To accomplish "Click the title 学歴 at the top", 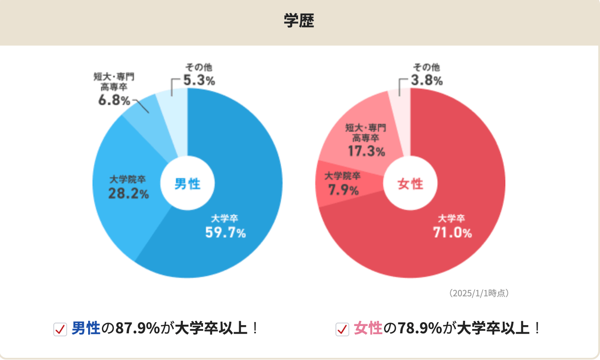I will (x=299, y=21).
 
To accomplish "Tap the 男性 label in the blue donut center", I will (x=187, y=184).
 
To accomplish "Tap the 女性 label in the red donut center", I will (x=410, y=184).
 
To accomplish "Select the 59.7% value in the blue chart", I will (x=225, y=233).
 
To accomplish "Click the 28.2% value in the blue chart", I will (x=128, y=194).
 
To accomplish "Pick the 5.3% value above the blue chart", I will (x=199, y=80).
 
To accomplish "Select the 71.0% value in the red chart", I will (x=452, y=233).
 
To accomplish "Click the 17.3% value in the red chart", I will (x=366, y=151).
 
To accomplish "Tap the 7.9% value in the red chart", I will (x=343, y=190).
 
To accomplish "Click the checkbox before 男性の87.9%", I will (x=60, y=329).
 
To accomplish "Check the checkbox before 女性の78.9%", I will (x=342, y=329).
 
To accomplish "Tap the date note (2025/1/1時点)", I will (x=479, y=293).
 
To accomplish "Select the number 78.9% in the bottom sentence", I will (x=419, y=329).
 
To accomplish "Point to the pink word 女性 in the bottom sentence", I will (x=368, y=329).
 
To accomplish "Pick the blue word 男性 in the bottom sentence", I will (x=86, y=329).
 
